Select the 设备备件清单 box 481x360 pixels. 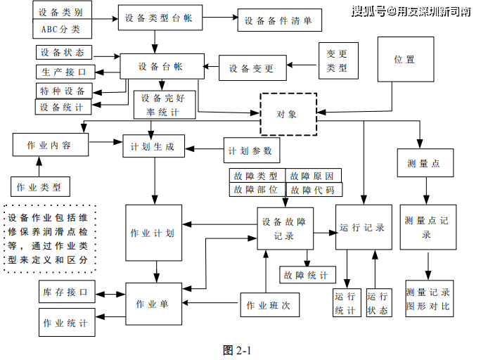coord(279,20)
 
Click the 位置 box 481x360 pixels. coord(404,59)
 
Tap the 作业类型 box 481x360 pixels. coord(39,188)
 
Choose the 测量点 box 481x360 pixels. coord(423,164)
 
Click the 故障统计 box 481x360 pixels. coord(308,275)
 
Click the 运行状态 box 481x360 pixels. coord(377,303)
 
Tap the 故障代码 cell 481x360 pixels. coord(312,190)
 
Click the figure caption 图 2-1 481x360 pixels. coord(237,349)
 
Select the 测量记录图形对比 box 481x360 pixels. coord(428,300)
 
